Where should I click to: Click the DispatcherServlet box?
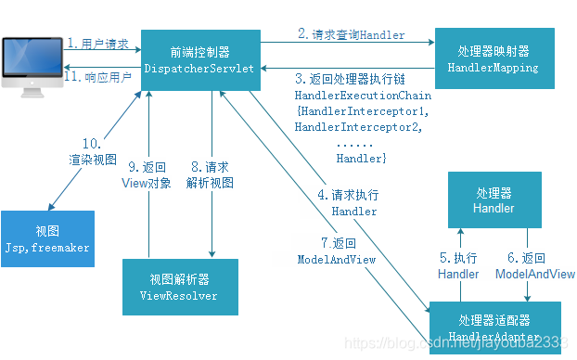[200, 59]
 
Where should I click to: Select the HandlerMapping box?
[494, 58]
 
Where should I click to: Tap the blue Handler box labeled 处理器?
[494, 200]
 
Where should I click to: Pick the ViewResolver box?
[181, 288]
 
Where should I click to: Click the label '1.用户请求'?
[98, 44]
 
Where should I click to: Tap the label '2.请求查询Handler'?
[351, 34]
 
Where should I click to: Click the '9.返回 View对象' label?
[149, 174]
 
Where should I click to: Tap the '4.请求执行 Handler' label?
[347, 203]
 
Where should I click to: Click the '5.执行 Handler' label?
[458, 265]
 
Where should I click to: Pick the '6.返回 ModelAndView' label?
[534, 265]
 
